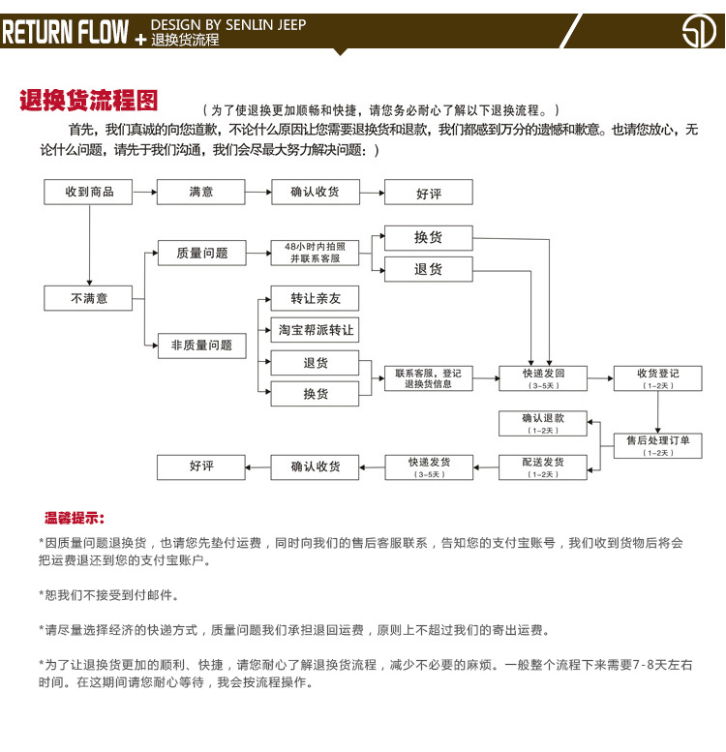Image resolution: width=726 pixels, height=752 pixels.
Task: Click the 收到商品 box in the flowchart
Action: pyautogui.click(x=89, y=192)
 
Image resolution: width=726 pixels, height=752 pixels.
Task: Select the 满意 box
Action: pyautogui.click(x=201, y=192)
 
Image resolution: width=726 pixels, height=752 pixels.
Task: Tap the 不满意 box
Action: pyautogui.click(x=89, y=299)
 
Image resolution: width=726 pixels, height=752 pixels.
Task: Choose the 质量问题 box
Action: pyautogui.click(x=201, y=253)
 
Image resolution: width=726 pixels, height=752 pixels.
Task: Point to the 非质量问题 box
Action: pyautogui.click(x=201, y=346)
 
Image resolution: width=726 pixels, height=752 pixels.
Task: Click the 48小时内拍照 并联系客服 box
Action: pyautogui.click(x=315, y=253)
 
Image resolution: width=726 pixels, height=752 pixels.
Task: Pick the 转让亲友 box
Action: pyautogui.click(x=315, y=298)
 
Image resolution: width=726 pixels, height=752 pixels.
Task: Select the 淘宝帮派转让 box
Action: pyautogui.click(x=315, y=330)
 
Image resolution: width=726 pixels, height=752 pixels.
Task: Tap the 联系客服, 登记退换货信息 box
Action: pyautogui.click(x=429, y=377)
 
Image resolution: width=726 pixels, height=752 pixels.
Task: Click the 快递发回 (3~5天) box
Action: pyautogui.click(x=543, y=377)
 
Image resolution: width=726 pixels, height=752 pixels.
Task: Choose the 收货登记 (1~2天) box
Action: pyautogui.click(x=657, y=377)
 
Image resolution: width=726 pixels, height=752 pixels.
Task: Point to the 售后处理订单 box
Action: pyautogui.click(x=657, y=444)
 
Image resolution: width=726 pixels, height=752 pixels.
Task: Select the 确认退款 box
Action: pyautogui.click(x=543, y=423)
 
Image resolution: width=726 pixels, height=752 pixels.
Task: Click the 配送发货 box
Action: pyautogui.click(x=543, y=466)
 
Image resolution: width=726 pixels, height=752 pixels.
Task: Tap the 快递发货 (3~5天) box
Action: pyautogui.click(x=429, y=466)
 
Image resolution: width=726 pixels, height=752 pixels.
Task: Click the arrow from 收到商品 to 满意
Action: pyautogui.click(x=144, y=192)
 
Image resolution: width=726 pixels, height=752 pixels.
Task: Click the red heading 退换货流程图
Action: pyautogui.click(x=89, y=101)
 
